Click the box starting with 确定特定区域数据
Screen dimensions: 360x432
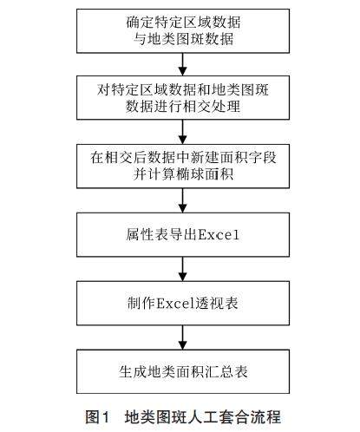click(183, 31)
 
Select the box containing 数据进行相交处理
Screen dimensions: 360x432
click(183, 98)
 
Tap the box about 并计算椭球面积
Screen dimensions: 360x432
click(183, 167)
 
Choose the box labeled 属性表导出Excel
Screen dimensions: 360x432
click(183, 235)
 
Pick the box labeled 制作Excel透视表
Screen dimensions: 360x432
click(183, 304)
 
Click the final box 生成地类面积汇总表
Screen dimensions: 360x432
click(183, 371)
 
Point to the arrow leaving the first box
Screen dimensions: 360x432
click(182, 64)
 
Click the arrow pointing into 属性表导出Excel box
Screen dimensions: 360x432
click(182, 200)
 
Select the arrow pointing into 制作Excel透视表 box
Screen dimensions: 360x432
click(182, 269)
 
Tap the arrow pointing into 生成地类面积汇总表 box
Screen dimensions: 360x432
click(182, 337)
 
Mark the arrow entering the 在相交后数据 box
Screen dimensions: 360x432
click(182, 132)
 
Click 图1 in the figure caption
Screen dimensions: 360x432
click(97, 417)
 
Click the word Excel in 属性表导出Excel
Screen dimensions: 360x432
click(219, 234)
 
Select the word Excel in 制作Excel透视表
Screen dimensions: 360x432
click(175, 304)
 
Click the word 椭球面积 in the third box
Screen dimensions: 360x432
click(205, 174)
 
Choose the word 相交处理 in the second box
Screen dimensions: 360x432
click(212, 106)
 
